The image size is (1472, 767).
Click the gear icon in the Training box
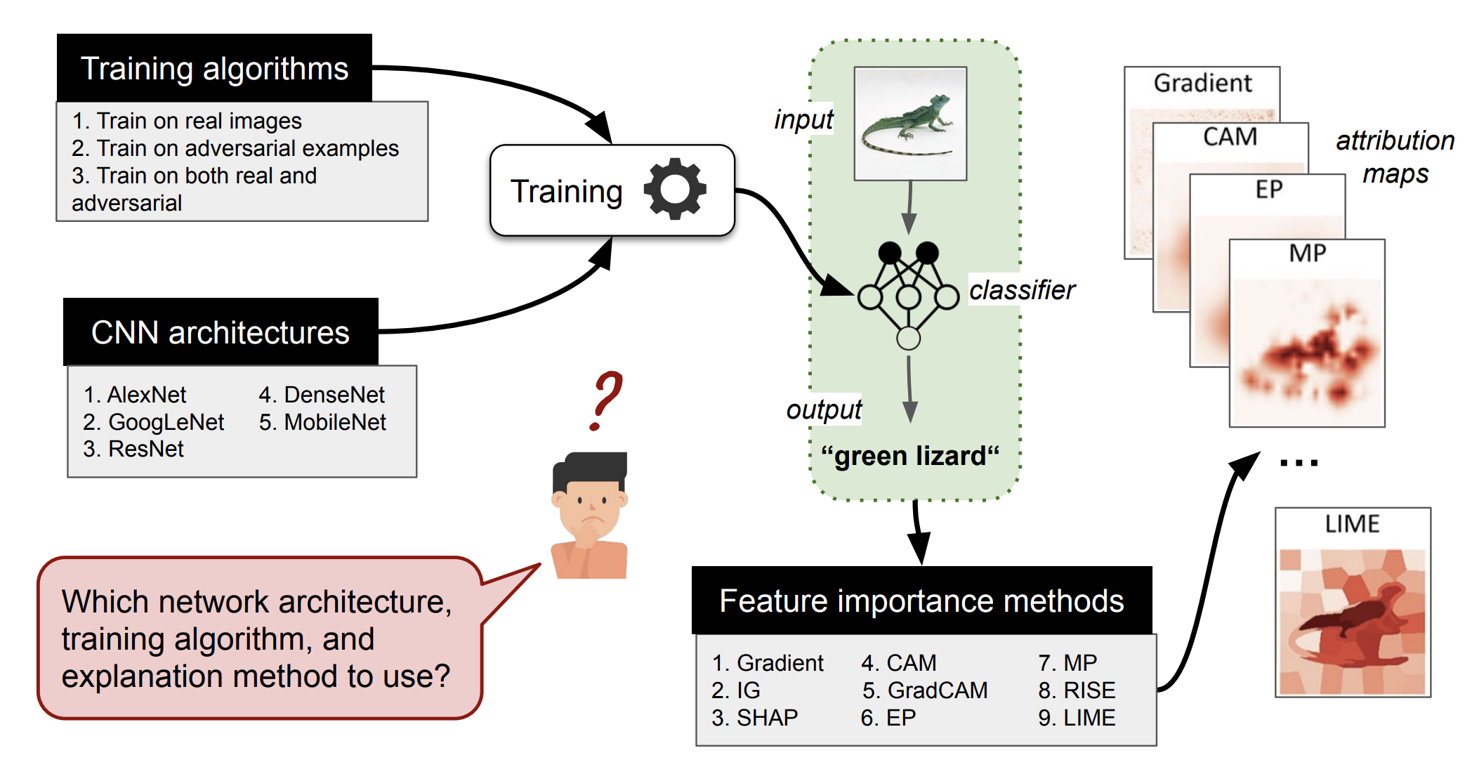[674, 190]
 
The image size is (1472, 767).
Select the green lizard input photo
[909, 124]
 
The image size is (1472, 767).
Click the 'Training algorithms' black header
[214, 69]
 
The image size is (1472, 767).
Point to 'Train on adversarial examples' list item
[235, 148]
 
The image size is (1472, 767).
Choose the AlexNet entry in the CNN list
[136, 395]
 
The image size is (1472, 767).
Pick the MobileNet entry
[323, 422]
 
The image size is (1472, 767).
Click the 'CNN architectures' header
[220, 332]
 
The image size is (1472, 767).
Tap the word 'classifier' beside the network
[1022, 290]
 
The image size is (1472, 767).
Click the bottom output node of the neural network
[908, 339]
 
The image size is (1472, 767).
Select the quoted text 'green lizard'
[909, 456]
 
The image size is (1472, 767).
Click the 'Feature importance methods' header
[921, 601]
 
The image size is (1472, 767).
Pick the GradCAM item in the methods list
[925, 690]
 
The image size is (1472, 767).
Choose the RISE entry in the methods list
[1077, 690]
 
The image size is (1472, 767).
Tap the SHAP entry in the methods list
[755, 718]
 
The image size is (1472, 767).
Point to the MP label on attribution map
[1307, 253]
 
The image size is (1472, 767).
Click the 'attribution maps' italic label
[1395, 157]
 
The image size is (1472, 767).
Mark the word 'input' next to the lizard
[803, 119]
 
